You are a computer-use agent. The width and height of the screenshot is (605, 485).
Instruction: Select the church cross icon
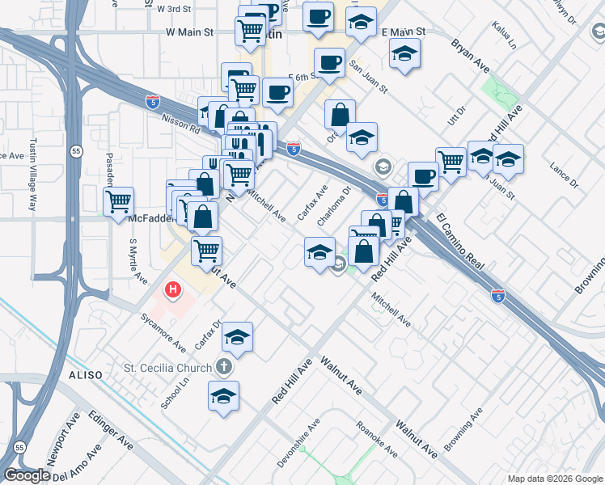pyautogui.click(x=225, y=368)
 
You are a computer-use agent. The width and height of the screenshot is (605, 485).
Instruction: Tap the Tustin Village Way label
pyautogui.click(x=33, y=179)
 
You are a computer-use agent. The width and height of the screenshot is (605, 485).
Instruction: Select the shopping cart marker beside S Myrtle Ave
pyautogui.click(x=119, y=200)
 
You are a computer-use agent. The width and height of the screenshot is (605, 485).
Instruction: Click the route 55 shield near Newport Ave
pyautogui.click(x=19, y=445)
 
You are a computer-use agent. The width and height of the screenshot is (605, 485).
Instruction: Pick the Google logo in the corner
pyautogui.click(x=27, y=475)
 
